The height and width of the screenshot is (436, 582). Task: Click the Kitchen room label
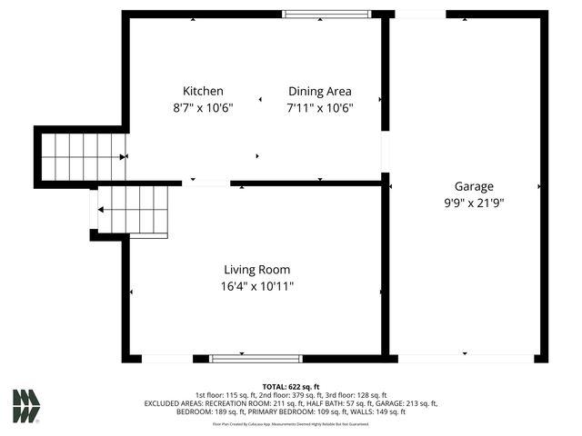(203, 91)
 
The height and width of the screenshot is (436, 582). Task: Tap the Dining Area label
(319, 91)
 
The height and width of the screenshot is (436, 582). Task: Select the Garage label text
(468, 187)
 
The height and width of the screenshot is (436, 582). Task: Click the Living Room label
(257, 269)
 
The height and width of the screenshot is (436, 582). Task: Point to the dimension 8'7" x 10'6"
(203, 107)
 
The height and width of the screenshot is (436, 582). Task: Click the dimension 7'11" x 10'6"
(319, 107)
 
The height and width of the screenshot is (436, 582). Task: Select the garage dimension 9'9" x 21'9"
(468, 203)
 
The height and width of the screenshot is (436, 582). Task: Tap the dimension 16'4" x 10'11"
(257, 285)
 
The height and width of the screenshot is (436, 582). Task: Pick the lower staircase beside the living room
(133, 210)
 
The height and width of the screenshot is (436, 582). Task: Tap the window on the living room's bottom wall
(256, 359)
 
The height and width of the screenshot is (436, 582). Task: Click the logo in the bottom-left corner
(25, 406)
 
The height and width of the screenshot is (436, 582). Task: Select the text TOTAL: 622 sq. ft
(291, 386)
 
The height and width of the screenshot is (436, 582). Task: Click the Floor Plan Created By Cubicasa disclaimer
(291, 423)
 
